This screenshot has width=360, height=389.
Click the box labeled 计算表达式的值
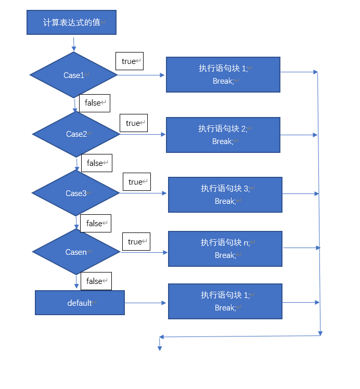point(71,23)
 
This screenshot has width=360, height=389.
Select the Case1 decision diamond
point(74,75)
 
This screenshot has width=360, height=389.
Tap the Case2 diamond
point(76,134)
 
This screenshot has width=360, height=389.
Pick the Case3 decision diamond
point(75,193)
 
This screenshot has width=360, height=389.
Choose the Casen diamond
point(76,252)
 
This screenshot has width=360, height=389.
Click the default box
point(80,303)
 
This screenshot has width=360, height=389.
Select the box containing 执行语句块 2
point(223,135)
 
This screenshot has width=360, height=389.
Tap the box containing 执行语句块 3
point(225,194)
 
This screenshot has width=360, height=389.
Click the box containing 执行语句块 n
point(225,249)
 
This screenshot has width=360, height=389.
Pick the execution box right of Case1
point(223,74)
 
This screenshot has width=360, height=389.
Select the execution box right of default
point(225,301)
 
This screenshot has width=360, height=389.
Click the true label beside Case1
point(129,61)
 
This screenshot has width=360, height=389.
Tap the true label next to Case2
point(133,123)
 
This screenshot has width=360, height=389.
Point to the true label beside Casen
point(135,241)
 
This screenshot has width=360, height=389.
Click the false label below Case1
point(95,103)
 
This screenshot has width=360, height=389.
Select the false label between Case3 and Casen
point(96,223)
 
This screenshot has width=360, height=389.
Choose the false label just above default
point(96,281)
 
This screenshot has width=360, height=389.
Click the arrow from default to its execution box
point(146,303)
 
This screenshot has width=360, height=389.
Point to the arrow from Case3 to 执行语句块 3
point(143,193)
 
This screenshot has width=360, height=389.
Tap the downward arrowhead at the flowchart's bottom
point(160,347)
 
